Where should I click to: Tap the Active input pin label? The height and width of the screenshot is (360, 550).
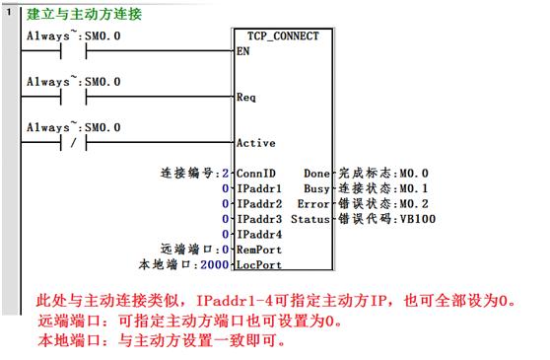255,143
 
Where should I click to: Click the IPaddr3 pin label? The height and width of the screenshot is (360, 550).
259,218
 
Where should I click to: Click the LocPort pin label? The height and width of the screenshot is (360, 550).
259,264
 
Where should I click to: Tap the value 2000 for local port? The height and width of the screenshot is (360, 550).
213,264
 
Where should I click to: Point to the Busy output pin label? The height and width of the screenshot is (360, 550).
317,187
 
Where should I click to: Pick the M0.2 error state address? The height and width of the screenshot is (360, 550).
412,202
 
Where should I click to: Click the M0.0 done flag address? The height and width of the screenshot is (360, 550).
412,172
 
